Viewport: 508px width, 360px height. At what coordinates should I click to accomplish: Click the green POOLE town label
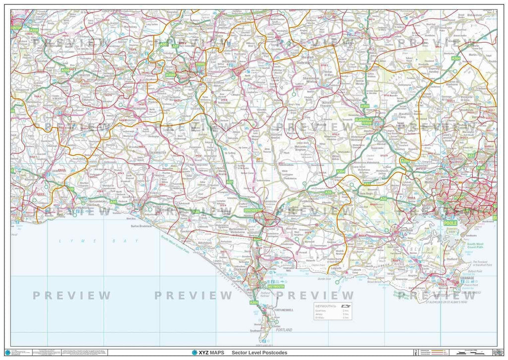(x=450, y=223)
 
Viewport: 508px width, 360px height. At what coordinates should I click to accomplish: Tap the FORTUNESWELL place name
(x=284, y=310)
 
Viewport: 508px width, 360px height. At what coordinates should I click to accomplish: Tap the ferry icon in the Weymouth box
(x=347, y=306)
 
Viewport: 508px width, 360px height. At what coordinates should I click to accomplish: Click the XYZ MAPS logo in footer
(x=207, y=353)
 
